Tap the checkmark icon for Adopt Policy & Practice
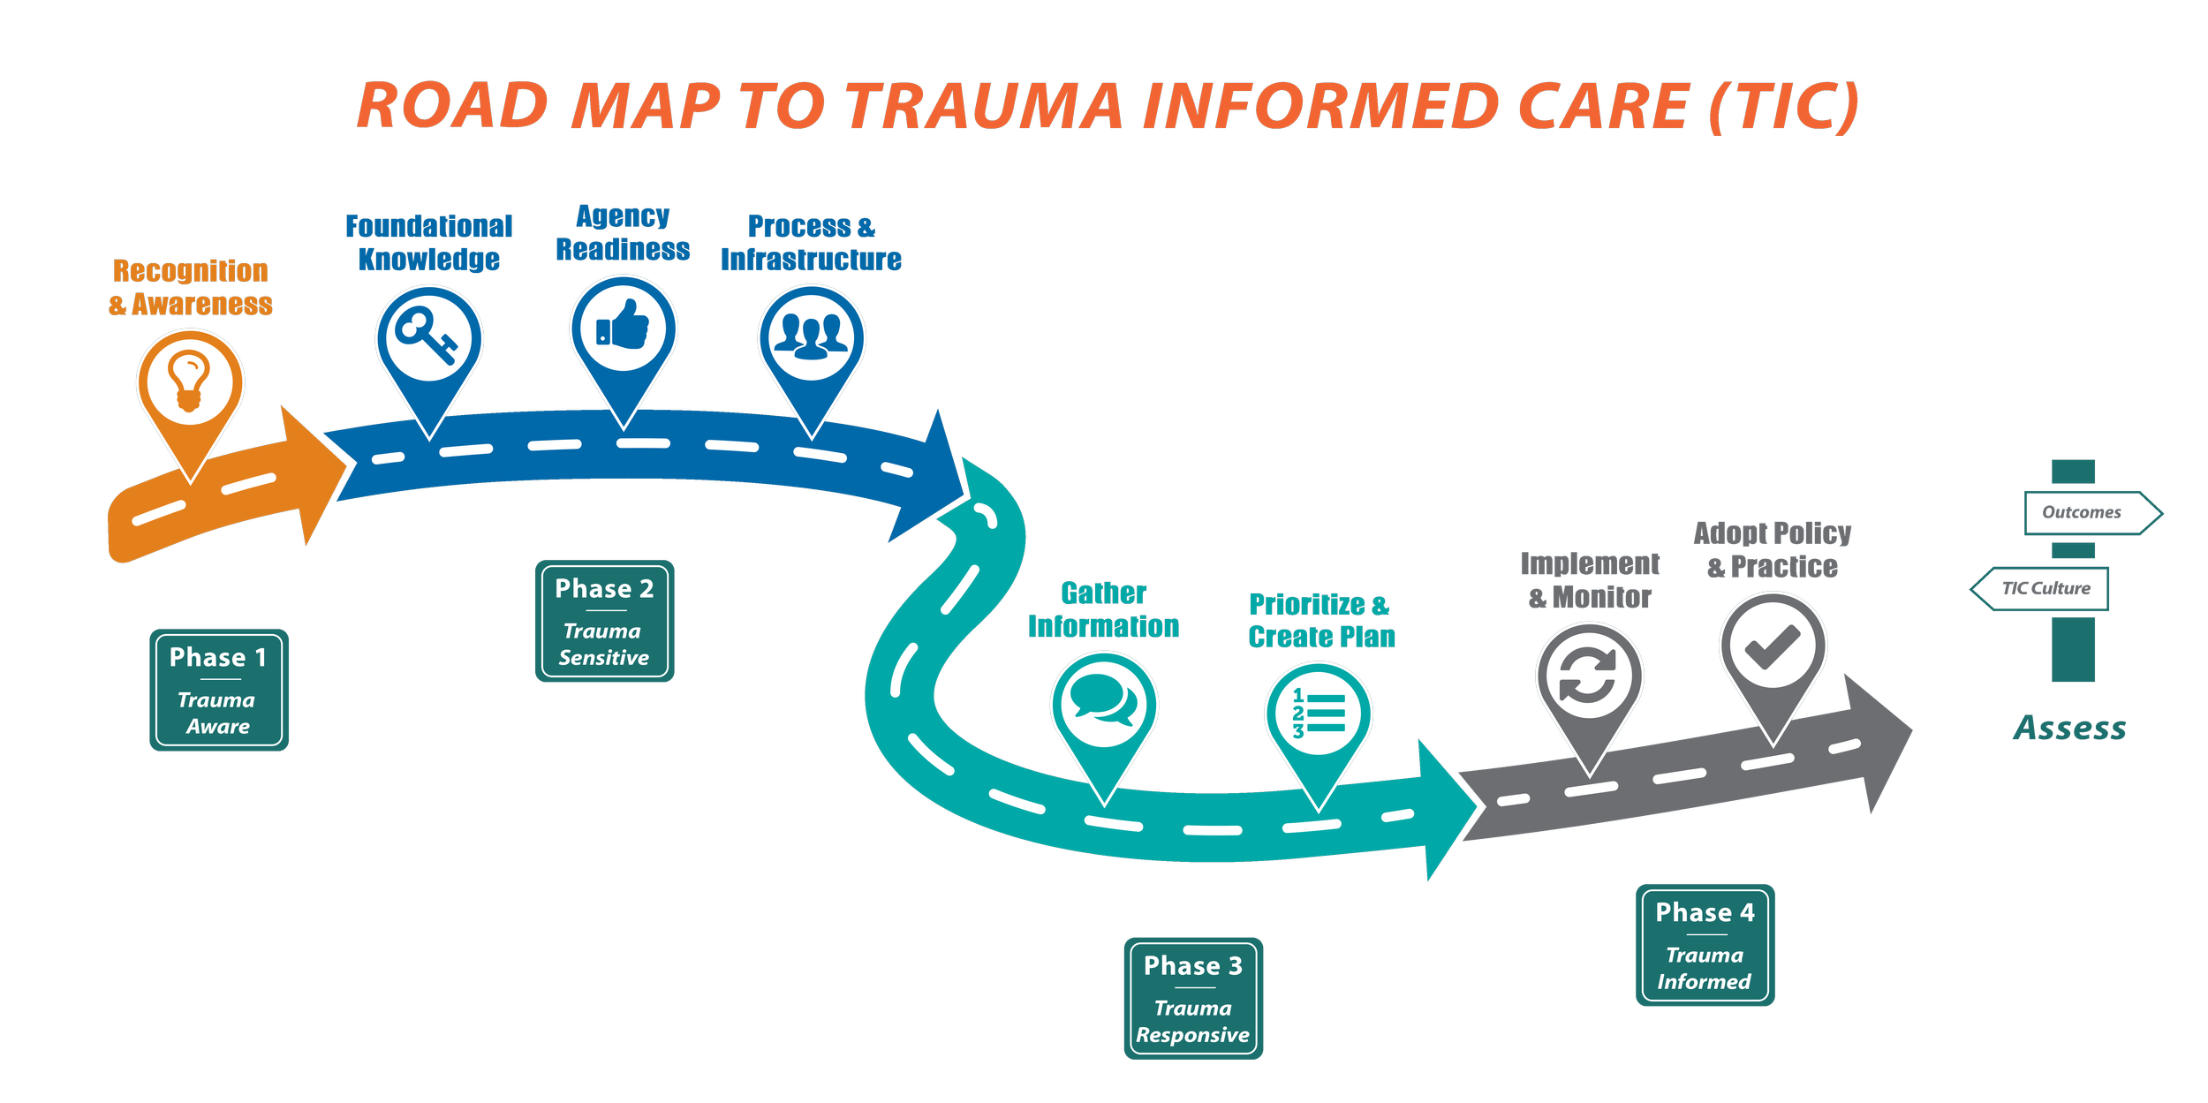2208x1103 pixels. click(1773, 647)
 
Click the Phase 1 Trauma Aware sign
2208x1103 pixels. click(219, 690)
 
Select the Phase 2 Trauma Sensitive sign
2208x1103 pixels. click(605, 621)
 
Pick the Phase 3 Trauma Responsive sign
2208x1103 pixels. click(1193, 998)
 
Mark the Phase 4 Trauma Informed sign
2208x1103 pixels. click(1705, 945)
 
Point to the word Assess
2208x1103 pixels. click(2070, 728)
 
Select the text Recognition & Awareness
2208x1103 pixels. click(191, 287)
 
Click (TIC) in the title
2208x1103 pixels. click(1785, 107)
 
